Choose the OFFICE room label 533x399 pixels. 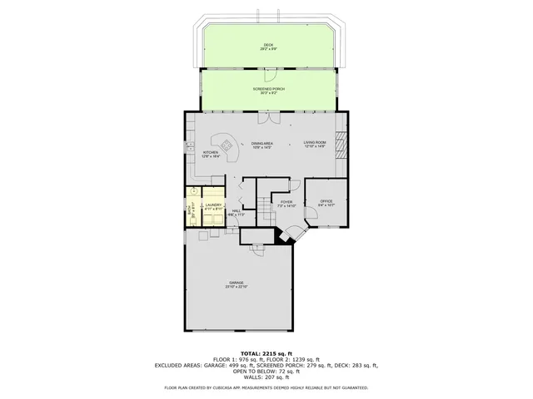[326, 202]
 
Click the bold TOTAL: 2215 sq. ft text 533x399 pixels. [266, 353]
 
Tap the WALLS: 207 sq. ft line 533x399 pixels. [266, 377]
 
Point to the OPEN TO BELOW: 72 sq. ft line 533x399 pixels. [266, 372]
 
